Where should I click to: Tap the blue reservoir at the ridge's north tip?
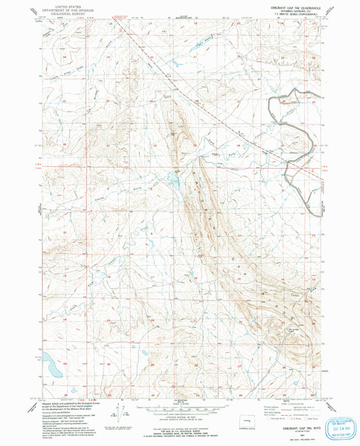[x=173, y=181]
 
